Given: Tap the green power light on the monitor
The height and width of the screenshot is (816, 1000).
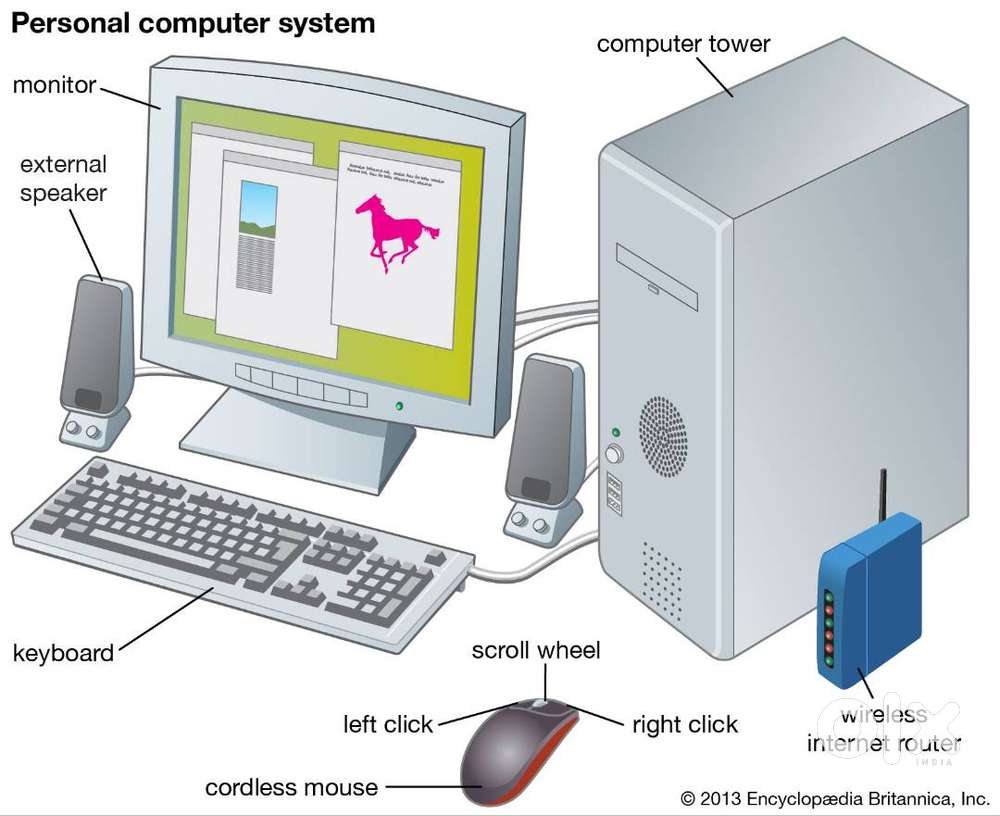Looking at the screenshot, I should point(399,406).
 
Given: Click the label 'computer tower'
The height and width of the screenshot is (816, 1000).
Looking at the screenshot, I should point(684,44).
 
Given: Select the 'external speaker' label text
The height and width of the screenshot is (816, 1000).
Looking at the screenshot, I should point(63,177).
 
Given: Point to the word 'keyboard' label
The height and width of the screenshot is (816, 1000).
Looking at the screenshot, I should point(63,654).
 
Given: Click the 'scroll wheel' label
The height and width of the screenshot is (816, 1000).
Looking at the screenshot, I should point(536,651).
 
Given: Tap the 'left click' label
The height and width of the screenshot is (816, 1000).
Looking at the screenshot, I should point(388,723).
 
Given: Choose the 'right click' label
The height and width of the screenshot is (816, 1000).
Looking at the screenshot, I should point(685,723).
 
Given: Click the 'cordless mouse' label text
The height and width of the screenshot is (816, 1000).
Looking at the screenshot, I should point(292,787).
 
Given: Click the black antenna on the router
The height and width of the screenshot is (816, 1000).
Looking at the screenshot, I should point(883,496).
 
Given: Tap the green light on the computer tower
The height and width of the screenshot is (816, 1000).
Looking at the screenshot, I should point(615,433).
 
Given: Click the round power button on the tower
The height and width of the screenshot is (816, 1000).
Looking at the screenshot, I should point(614,455).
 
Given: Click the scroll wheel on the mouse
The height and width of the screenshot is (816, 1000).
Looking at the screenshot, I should point(539,705).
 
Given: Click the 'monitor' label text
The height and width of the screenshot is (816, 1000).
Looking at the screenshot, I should point(54,84).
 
